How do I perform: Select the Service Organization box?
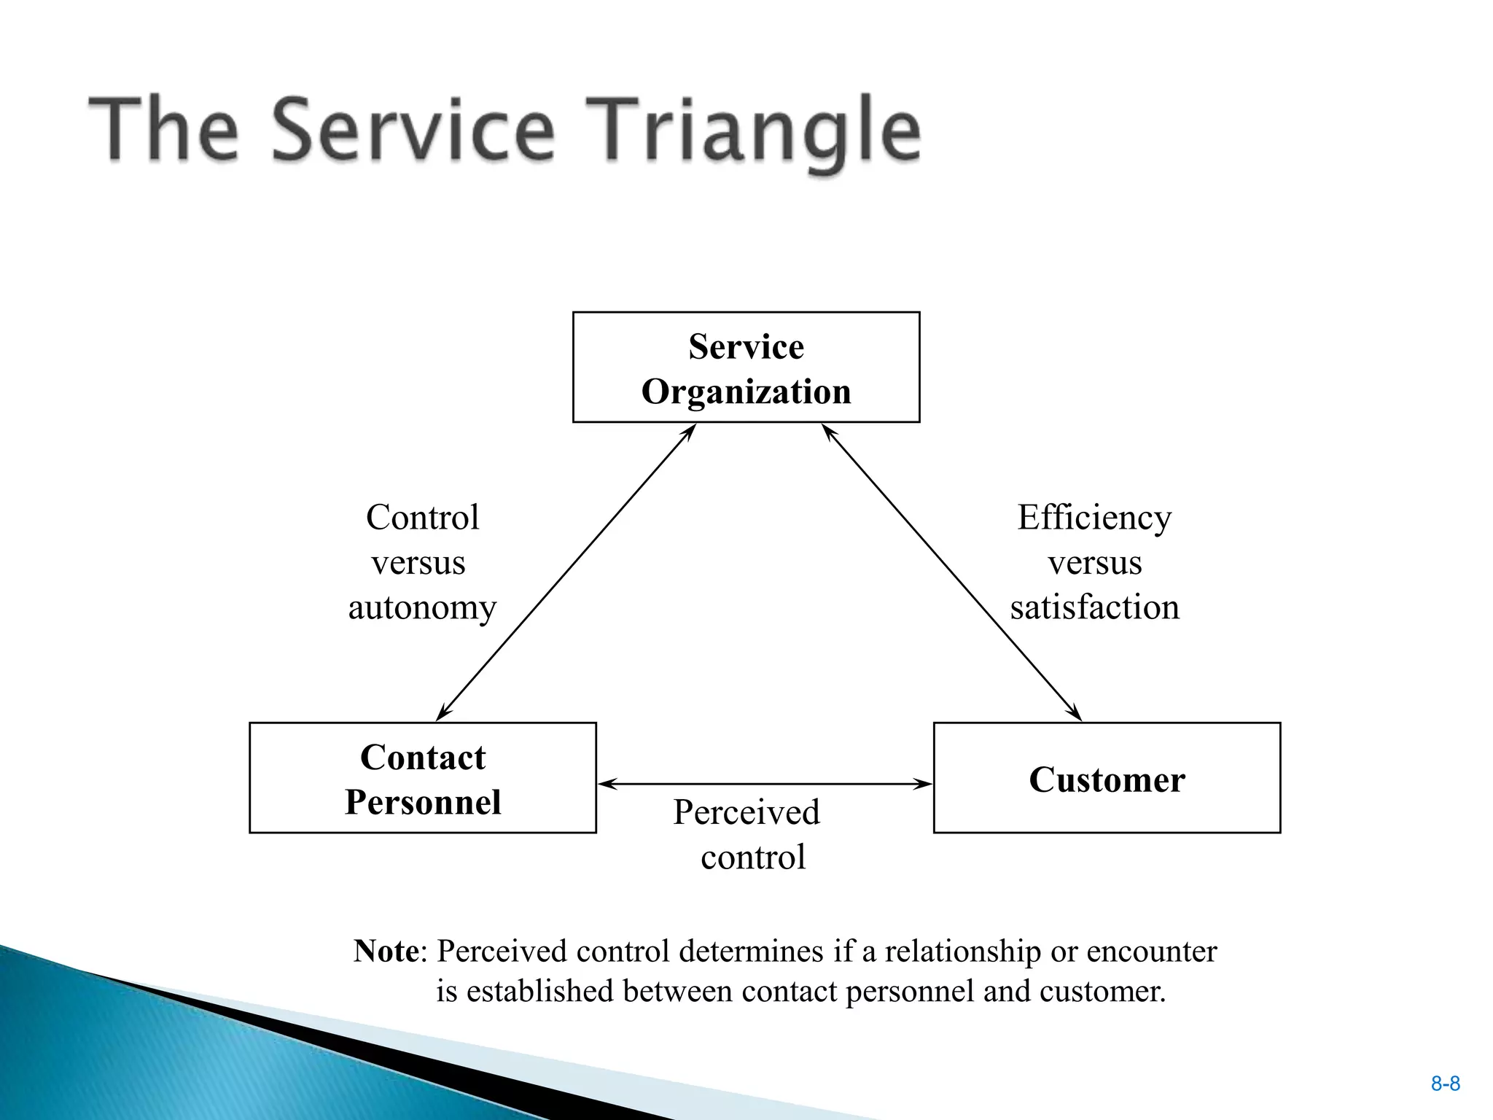tap(746, 367)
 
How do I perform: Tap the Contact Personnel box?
tap(422, 778)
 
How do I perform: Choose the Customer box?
tap(1106, 778)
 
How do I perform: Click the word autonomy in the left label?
tap(422, 607)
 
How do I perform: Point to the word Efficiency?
tap(1094, 518)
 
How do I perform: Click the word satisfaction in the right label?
tap(1094, 607)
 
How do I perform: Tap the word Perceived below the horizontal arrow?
tap(746, 812)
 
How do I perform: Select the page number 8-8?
tap(1445, 1084)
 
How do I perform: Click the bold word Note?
tap(386, 951)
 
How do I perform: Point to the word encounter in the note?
tap(1151, 952)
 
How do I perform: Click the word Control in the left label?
tap(422, 518)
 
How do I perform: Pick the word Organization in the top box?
tap(746, 392)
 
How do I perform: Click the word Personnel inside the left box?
tap(422, 802)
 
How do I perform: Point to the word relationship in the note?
tap(962, 952)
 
